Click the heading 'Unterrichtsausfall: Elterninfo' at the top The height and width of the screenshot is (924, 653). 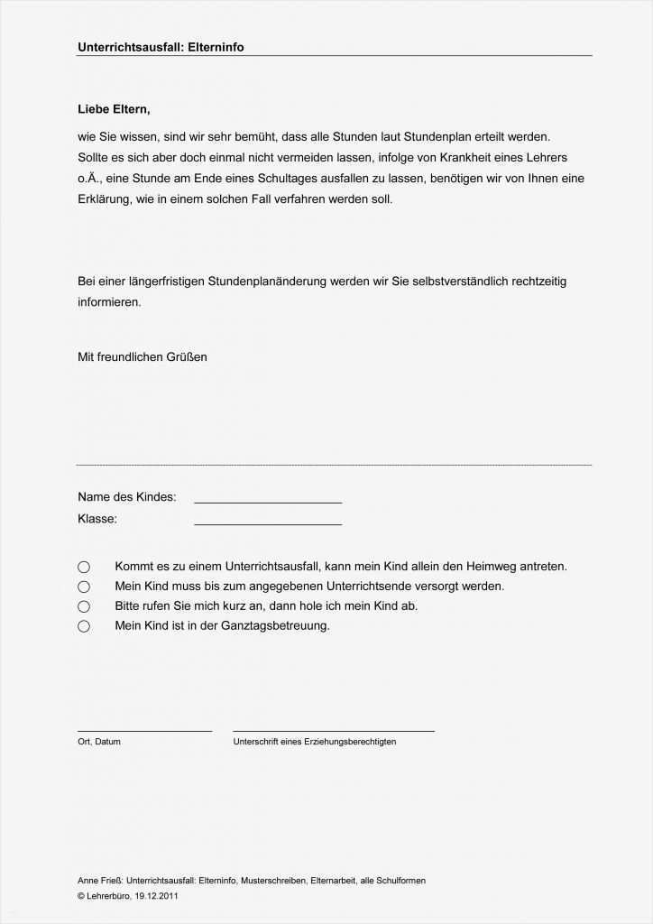point(161,47)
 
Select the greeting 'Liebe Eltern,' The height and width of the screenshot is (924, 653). point(114,109)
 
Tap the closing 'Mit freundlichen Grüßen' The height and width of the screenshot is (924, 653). point(143,356)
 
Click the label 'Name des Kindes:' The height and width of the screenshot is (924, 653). point(127,496)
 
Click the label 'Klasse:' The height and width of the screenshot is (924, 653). point(97,519)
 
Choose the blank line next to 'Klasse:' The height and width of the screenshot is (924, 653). point(268,522)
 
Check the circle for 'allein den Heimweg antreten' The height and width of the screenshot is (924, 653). point(84,567)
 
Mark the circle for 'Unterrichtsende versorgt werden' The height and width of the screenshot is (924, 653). point(84,587)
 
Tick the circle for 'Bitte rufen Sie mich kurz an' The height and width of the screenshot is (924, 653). point(84,606)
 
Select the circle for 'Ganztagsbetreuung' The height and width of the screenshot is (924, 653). point(84,626)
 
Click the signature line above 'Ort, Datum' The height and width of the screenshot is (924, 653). point(144,729)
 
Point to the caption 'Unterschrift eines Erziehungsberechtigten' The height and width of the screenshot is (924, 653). point(314,742)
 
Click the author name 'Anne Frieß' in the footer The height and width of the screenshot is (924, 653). point(100,881)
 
